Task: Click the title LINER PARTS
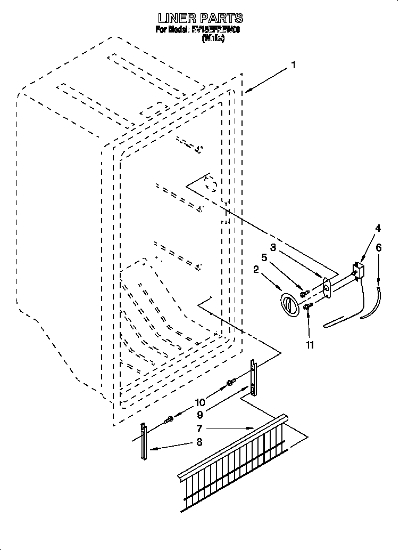[x=200, y=19]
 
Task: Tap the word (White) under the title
[x=213, y=39]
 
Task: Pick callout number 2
[x=256, y=270]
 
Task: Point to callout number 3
[x=273, y=247]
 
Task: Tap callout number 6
[x=378, y=247]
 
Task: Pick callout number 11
[x=309, y=345]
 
